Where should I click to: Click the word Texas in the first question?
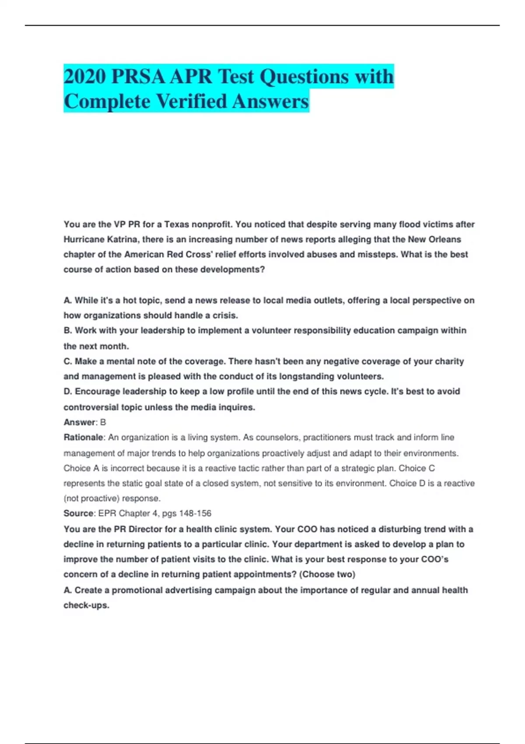[176, 225]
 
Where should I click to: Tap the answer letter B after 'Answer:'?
[103, 422]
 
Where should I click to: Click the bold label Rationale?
[83, 437]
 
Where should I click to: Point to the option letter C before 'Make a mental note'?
[67, 361]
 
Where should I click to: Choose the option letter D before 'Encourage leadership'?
[67, 391]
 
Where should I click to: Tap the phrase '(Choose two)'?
[327, 574]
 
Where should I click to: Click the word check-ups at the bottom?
[86, 605]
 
